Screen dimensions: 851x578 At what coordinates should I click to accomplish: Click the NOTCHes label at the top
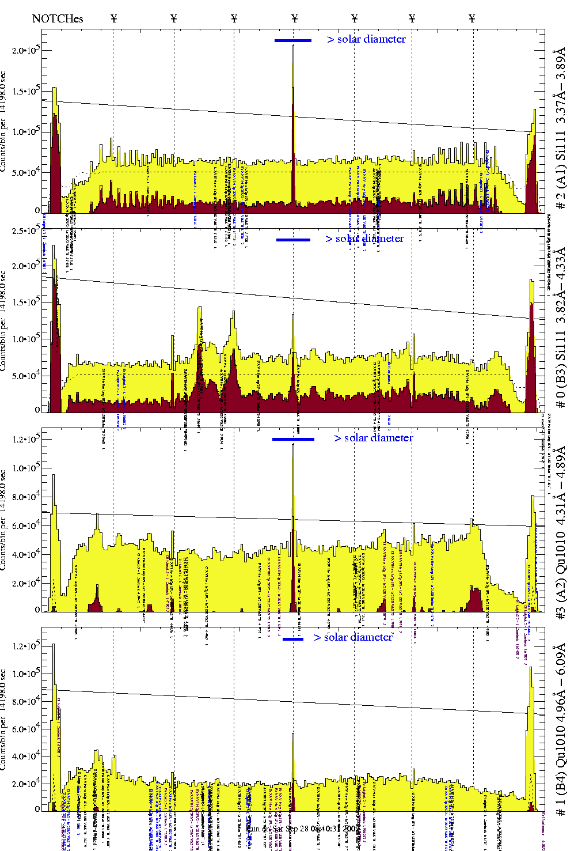click(58, 18)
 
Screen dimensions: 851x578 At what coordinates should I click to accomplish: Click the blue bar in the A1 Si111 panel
click(293, 40)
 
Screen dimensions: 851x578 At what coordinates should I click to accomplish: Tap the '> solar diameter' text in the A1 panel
click(366, 39)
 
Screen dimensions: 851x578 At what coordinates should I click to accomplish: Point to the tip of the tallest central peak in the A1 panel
click(293, 46)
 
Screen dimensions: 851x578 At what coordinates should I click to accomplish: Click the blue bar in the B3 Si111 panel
click(293, 240)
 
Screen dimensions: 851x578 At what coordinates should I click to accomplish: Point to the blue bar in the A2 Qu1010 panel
click(293, 439)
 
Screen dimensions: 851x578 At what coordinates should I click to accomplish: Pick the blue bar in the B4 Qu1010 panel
click(293, 639)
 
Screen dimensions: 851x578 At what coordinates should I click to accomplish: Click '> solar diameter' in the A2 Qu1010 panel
click(373, 438)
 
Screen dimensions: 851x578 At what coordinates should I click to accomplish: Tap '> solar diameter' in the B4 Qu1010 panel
click(353, 637)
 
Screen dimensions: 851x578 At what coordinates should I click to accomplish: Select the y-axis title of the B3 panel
click(3, 321)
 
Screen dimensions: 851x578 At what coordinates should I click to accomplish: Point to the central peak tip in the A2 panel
click(293, 445)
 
